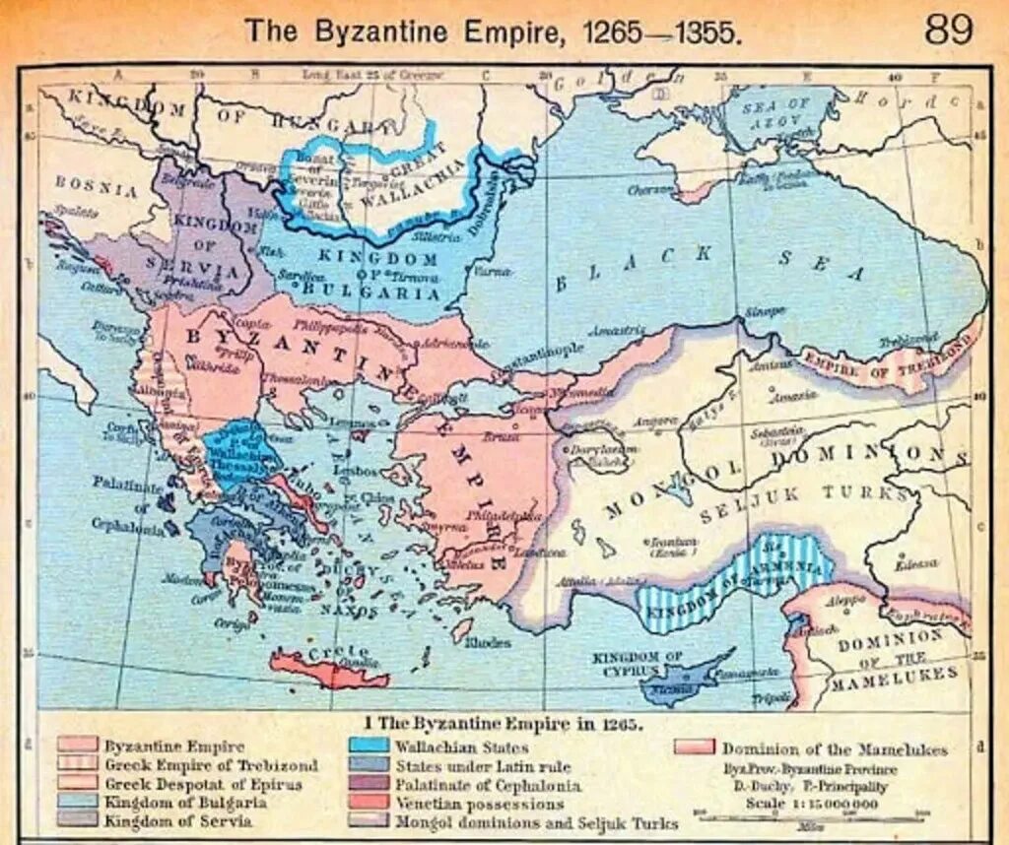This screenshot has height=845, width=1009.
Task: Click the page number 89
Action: (948, 29)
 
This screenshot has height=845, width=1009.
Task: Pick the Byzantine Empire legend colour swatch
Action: (78, 746)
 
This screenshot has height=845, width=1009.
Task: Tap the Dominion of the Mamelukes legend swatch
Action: (694, 748)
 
